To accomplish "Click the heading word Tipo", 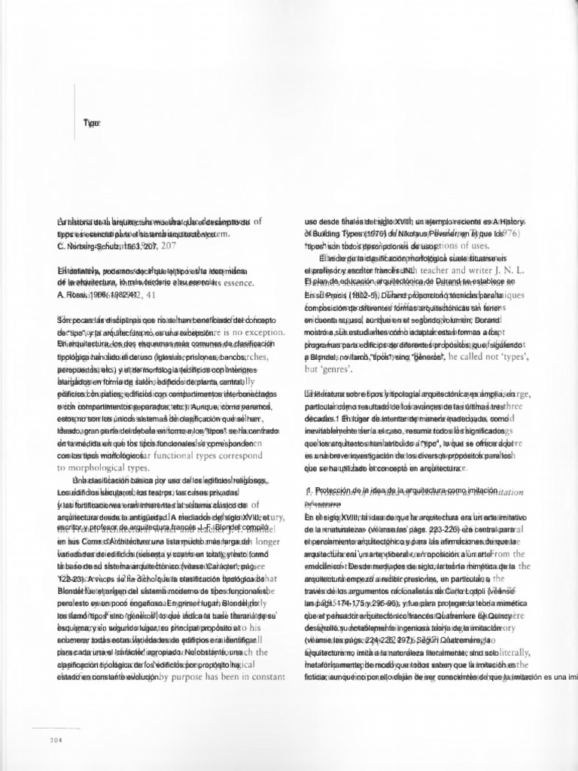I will tap(93, 123).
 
